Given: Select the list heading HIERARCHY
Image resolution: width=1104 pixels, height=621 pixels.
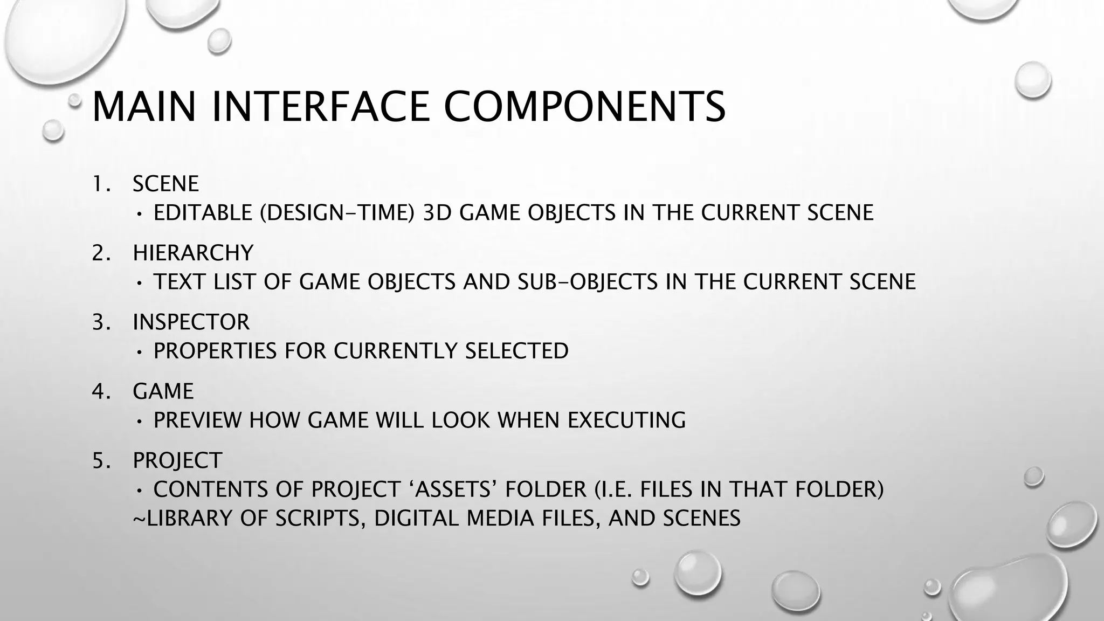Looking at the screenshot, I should click(193, 253).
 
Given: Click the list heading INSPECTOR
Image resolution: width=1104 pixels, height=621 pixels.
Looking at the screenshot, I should click(191, 322).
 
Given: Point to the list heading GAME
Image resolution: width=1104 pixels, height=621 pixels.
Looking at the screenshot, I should click(163, 391).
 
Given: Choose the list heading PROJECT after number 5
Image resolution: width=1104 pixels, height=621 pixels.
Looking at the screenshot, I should click(177, 460).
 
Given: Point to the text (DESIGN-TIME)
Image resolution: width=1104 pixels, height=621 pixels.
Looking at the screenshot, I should click(337, 213).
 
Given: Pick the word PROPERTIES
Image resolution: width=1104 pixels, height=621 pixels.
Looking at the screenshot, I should click(215, 351).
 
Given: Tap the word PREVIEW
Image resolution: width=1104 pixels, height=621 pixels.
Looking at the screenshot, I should click(197, 420).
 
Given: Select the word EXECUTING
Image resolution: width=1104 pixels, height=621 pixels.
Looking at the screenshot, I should click(626, 420).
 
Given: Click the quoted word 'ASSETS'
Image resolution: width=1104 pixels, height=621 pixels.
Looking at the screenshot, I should click(453, 489).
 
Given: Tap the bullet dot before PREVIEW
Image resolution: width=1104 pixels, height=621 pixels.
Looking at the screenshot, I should click(140, 421).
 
